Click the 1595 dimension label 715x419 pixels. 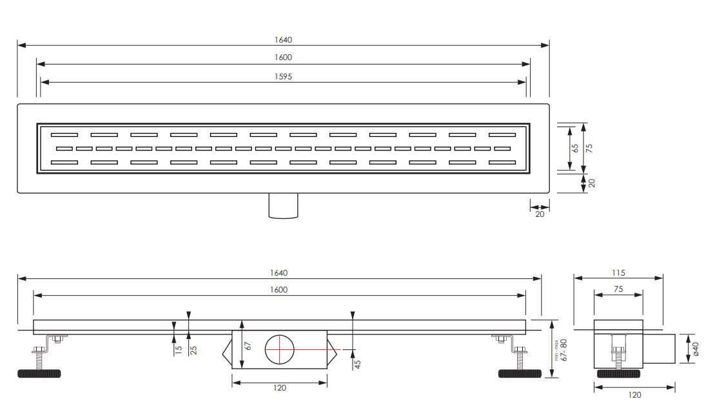pos(283,77)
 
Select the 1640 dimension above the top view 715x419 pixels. pos(283,40)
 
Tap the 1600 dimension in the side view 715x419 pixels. pos(278,290)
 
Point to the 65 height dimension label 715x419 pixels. pos(575,148)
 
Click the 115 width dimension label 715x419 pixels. pos(618,273)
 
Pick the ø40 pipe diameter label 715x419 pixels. pos(696,349)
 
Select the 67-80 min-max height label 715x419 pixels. pos(563,350)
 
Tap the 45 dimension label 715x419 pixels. pos(357,364)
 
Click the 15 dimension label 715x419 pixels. pos(179,350)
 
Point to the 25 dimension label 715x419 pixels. pos(193,350)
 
